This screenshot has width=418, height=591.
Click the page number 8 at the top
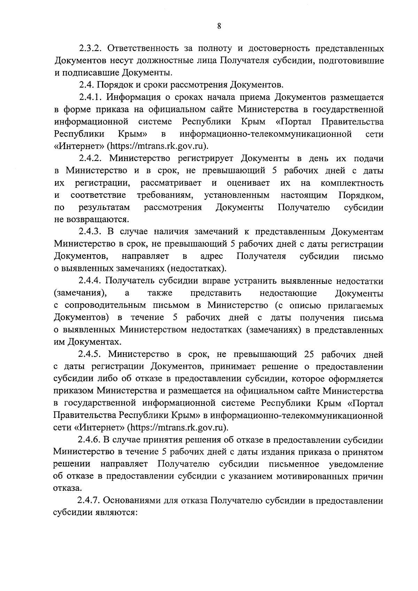tap(219, 26)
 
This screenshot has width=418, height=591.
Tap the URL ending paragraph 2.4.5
tap(178, 428)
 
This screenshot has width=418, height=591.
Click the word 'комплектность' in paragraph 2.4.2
tap(352, 183)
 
